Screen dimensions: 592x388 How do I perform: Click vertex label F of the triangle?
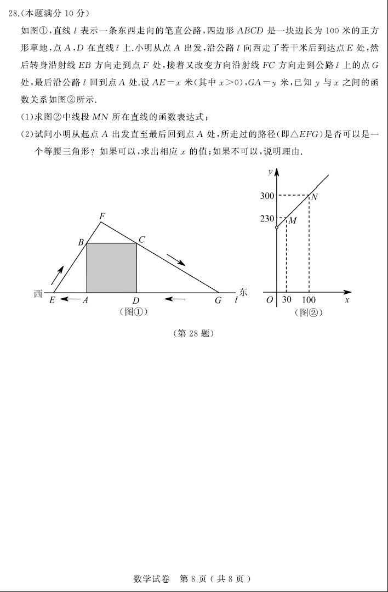click(102, 217)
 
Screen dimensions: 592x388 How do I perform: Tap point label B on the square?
click(81, 242)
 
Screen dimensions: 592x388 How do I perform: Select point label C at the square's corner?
click(141, 240)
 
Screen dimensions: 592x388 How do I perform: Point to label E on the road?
click(52, 300)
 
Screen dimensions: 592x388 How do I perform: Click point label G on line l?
click(218, 300)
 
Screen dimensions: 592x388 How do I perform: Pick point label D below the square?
click(135, 300)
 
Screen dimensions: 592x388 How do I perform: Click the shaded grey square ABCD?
click(111, 268)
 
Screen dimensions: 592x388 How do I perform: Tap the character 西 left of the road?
click(38, 294)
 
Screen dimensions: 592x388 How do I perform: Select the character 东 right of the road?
click(243, 293)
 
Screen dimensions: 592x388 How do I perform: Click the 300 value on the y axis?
click(267, 196)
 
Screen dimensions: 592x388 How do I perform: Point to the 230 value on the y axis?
click(267, 219)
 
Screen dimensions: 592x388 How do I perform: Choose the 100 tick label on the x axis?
click(309, 300)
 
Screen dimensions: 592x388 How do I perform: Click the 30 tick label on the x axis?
click(287, 300)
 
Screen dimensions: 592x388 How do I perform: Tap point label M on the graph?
click(293, 221)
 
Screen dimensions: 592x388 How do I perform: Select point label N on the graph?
click(315, 197)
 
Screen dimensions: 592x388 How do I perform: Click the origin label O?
click(270, 300)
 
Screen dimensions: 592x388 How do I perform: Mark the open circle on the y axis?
click(277, 227)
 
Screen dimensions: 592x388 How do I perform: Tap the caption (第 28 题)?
click(193, 333)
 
